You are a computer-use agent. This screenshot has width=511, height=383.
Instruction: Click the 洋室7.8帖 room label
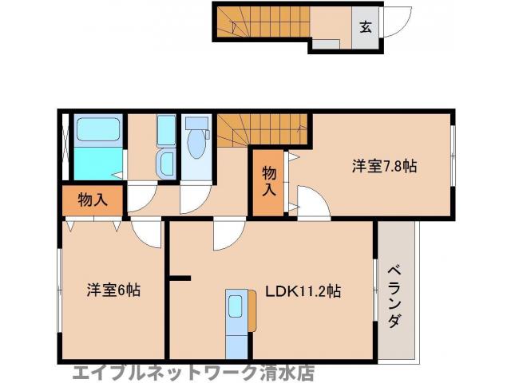tap(385, 167)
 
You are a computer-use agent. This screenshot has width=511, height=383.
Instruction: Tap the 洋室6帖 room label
tap(113, 290)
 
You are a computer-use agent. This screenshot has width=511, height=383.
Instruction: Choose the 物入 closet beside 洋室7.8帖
tap(269, 183)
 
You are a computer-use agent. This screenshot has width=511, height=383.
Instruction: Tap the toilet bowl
tap(196, 144)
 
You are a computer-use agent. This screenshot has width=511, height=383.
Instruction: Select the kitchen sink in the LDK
tap(236, 307)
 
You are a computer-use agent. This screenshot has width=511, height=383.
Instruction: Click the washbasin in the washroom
tap(167, 164)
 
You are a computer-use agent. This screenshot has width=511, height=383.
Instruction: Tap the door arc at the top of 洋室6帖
tap(148, 232)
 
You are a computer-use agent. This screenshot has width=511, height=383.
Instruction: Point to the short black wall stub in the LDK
tap(181, 278)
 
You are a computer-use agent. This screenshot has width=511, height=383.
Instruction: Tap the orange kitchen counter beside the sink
tap(252, 312)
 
